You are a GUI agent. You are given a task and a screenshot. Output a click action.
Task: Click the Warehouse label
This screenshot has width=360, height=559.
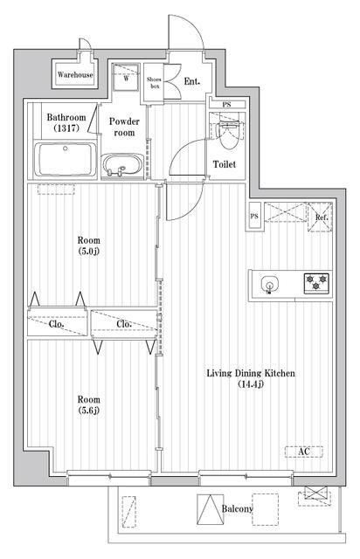(75, 75)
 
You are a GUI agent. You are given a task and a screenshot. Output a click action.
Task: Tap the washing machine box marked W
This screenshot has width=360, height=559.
(126, 78)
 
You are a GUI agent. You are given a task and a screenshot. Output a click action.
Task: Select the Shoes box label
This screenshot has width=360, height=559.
(155, 83)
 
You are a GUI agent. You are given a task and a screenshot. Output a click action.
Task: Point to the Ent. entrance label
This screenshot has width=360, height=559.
(192, 81)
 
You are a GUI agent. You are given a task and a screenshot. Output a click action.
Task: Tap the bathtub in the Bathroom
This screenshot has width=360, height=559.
(66, 160)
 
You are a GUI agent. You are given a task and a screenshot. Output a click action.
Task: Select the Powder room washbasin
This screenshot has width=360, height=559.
(122, 166)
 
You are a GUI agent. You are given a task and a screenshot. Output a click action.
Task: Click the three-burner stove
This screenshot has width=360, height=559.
(316, 283)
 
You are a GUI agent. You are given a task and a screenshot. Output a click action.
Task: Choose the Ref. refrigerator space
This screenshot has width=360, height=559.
(321, 217)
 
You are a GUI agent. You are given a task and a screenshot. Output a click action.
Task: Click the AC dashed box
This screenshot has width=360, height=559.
(303, 452)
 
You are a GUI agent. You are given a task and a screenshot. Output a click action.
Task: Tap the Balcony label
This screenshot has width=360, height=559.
(238, 508)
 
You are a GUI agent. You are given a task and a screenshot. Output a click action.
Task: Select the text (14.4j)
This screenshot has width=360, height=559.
(251, 384)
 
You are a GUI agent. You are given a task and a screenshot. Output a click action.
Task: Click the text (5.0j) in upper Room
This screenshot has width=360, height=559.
(89, 251)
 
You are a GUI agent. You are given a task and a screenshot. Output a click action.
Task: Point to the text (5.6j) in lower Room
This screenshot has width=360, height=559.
(89, 411)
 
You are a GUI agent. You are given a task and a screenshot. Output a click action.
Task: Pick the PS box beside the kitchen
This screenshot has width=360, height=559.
(254, 217)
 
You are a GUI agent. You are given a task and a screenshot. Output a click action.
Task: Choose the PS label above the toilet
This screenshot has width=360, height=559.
(226, 105)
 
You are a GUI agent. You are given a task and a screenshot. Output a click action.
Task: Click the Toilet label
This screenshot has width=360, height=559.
(225, 164)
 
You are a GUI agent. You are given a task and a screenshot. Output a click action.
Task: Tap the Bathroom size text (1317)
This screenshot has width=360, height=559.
(66, 128)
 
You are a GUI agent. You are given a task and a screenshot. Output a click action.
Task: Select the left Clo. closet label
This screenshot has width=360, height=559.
(57, 324)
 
